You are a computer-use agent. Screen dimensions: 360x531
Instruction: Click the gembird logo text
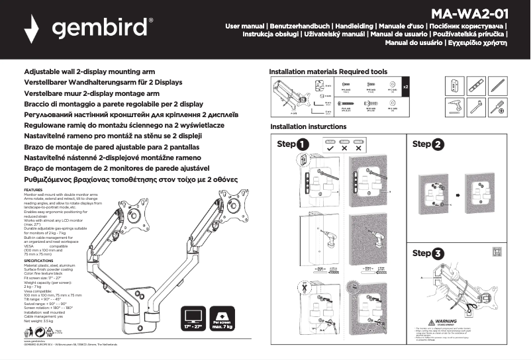point(101,29)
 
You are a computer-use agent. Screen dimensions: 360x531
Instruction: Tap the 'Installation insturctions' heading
point(308,126)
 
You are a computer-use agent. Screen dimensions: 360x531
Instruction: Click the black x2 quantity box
point(406,87)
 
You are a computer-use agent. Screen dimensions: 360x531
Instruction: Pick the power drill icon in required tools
point(454,105)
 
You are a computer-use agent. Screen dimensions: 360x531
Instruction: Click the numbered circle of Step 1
point(303,145)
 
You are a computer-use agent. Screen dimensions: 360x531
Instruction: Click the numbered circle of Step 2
point(438,144)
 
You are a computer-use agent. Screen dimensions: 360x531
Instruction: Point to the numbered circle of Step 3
point(438,253)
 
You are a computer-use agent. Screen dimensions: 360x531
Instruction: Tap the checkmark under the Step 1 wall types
point(329,149)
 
